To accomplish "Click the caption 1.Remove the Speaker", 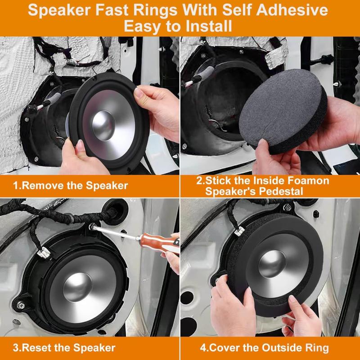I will [70, 185].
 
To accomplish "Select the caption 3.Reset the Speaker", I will [64, 347].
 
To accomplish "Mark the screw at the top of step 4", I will [287, 207].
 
